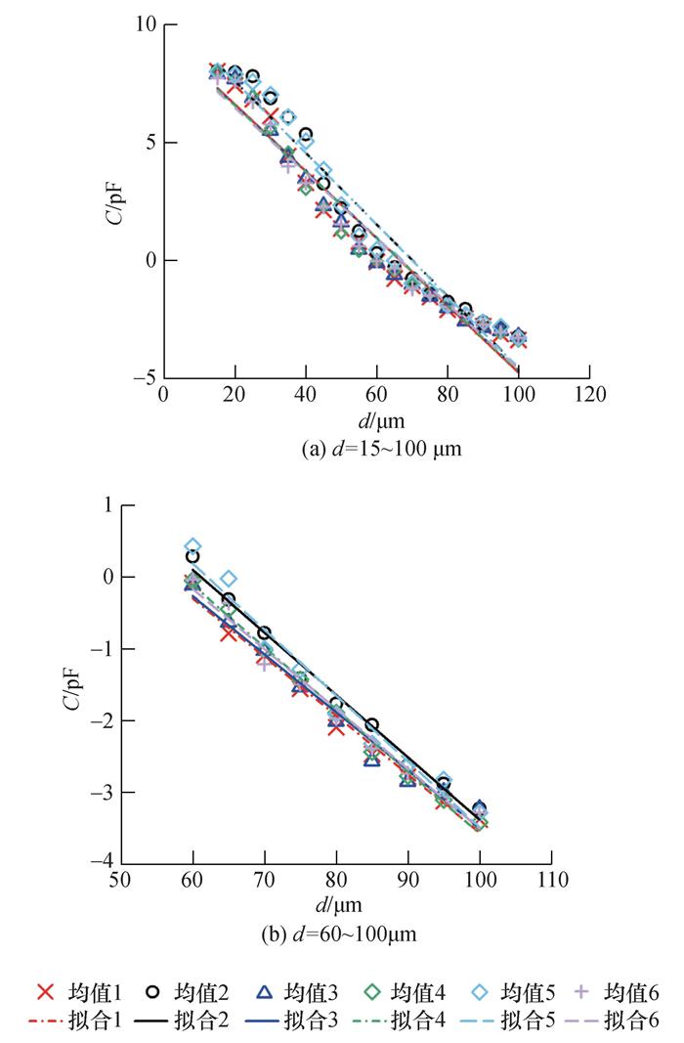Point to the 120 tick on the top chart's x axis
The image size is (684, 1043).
tap(589, 395)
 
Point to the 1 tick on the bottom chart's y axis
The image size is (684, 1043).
tap(101, 505)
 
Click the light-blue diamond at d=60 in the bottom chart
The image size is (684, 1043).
tap(192, 546)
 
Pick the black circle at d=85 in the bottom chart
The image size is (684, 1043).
tap(371, 724)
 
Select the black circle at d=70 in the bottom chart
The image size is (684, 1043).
tap(264, 633)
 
